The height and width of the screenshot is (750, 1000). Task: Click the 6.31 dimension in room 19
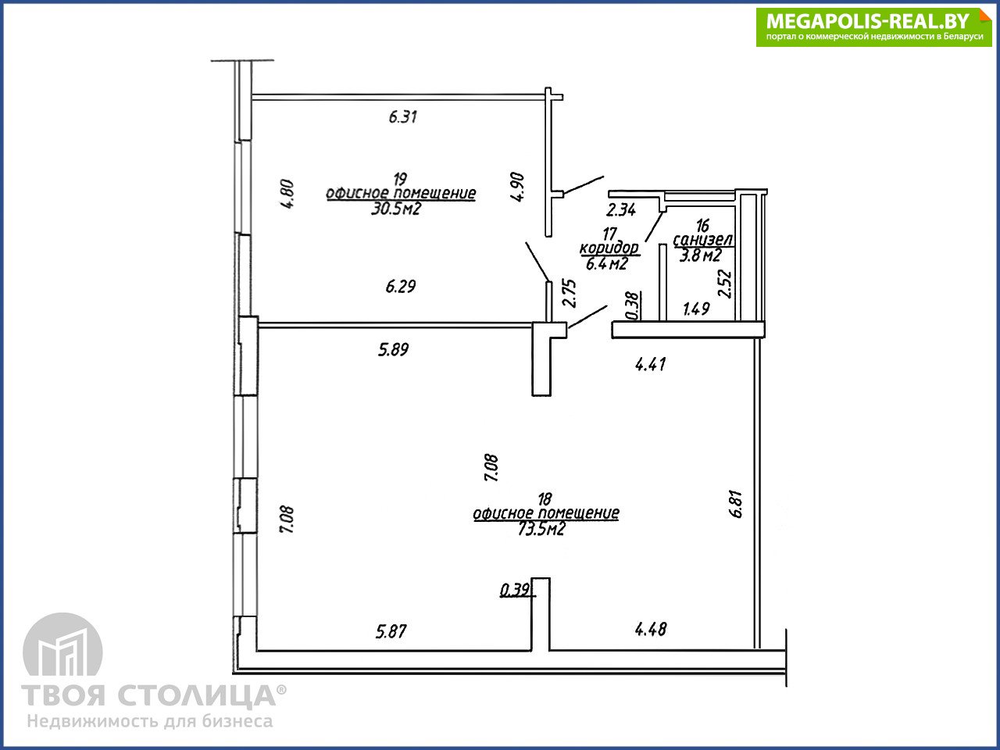pyautogui.click(x=402, y=117)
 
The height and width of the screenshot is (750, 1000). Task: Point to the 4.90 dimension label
pyautogui.click(x=517, y=187)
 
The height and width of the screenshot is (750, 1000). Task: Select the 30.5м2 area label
pyautogui.click(x=396, y=209)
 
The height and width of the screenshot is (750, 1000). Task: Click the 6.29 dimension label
pyautogui.click(x=401, y=287)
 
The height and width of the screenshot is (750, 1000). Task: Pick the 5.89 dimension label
pyautogui.click(x=394, y=350)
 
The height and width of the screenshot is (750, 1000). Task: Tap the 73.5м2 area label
pyautogui.click(x=541, y=529)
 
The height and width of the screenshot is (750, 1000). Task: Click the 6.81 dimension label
pyautogui.click(x=736, y=504)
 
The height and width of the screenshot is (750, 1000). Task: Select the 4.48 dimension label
pyautogui.click(x=651, y=630)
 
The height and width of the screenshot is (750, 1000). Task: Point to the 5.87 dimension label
pyautogui.click(x=391, y=631)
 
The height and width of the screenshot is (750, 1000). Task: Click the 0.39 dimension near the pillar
pyautogui.click(x=516, y=591)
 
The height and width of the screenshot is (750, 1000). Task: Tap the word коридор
pyautogui.click(x=609, y=248)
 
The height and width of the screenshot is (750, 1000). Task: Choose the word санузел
pyautogui.click(x=703, y=240)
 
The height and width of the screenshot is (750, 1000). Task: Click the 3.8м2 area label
pyautogui.click(x=701, y=255)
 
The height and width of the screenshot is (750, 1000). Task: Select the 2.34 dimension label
pyautogui.click(x=621, y=210)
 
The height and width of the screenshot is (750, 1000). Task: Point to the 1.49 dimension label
pyautogui.click(x=697, y=309)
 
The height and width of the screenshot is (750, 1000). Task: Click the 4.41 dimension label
pyautogui.click(x=651, y=364)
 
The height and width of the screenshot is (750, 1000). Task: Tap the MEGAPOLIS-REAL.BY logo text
pyautogui.click(x=867, y=21)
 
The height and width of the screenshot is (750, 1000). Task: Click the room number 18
pyautogui.click(x=545, y=499)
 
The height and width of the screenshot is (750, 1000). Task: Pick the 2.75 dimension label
pyautogui.click(x=569, y=293)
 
